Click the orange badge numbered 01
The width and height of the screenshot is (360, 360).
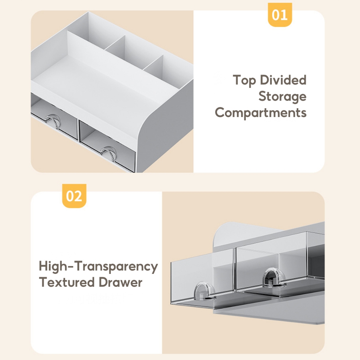click(x=279, y=15)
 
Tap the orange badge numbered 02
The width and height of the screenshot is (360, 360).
click(x=74, y=196)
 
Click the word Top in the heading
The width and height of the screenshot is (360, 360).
click(x=244, y=81)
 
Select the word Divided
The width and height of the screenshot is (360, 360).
click(x=283, y=80)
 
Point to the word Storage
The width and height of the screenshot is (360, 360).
click(x=282, y=96)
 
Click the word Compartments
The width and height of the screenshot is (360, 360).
click(x=261, y=113)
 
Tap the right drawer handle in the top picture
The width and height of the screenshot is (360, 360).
click(x=109, y=152)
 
